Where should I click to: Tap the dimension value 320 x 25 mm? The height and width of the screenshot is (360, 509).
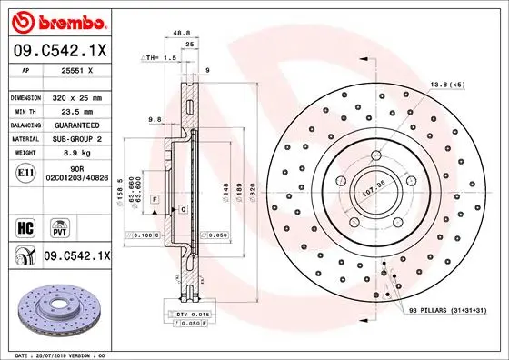(x=80, y=96)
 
